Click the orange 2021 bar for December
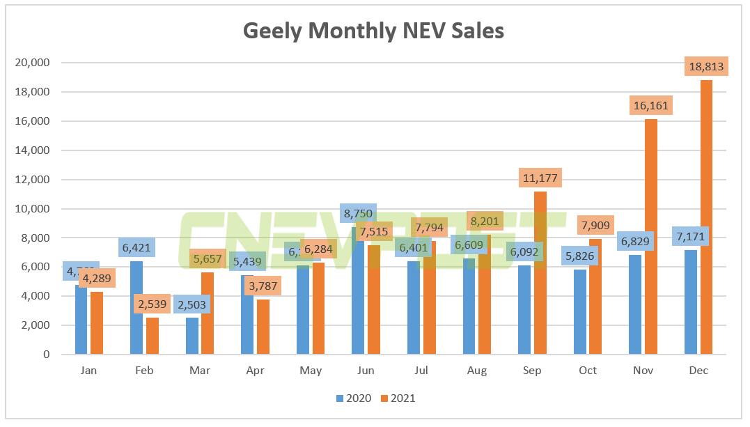(x=706, y=223)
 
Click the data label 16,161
(x=650, y=106)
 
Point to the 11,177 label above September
(x=539, y=178)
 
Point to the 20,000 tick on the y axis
(x=31, y=63)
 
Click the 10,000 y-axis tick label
(x=31, y=209)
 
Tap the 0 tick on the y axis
(x=45, y=355)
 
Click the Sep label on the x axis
(x=532, y=371)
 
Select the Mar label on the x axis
(x=199, y=371)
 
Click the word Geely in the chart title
(x=273, y=31)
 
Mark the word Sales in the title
(x=476, y=31)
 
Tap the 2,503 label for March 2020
(x=193, y=304)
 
